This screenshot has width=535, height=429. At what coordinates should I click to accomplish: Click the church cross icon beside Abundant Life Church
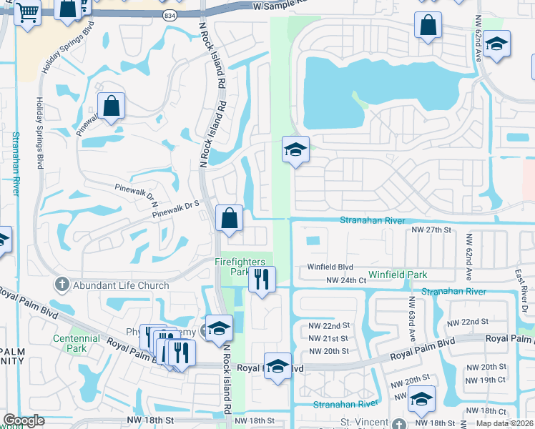[x=62, y=284]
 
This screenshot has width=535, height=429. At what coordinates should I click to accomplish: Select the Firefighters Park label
[x=244, y=267]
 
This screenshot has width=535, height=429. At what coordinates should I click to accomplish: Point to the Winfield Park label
[x=398, y=275]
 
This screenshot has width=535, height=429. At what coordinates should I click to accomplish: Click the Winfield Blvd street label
[x=331, y=267]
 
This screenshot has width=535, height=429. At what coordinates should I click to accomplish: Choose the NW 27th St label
[x=432, y=230]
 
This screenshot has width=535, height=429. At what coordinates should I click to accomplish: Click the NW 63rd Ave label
[x=412, y=317]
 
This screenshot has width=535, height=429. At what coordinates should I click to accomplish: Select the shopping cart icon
[x=27, y=11]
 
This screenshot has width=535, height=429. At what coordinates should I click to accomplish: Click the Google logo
[x=24, y=420]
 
